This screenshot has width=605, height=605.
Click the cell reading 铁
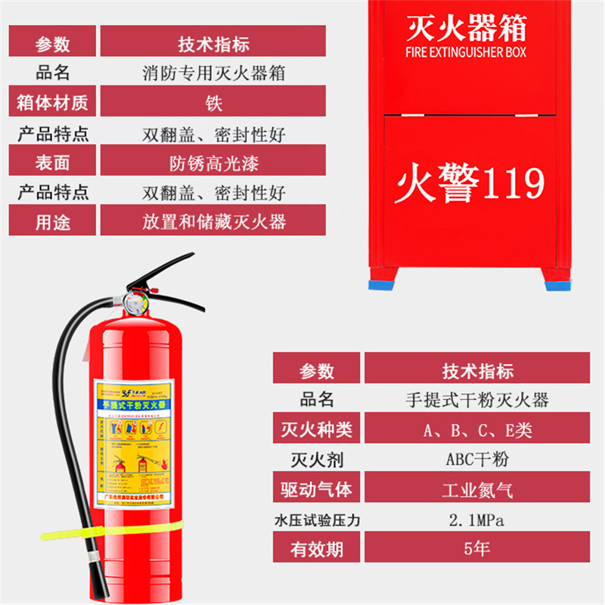tap(214, 101)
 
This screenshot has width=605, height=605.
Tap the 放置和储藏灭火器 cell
tap(214, 222)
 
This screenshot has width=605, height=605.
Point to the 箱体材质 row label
tap(52, 101)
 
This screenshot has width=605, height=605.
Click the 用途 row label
tap(52, 222)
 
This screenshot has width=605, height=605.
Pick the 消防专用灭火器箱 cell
tap(214, 73)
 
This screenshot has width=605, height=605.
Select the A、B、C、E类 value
tap(477, 430)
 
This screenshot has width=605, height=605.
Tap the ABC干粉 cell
tap(477, 458)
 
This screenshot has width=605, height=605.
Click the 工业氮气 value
tap(477, 489)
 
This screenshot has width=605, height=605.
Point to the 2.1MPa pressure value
tap(477, 520)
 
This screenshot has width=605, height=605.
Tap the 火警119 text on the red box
tap(469, 182)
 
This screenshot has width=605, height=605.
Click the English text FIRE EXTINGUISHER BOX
tap(466, 52)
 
